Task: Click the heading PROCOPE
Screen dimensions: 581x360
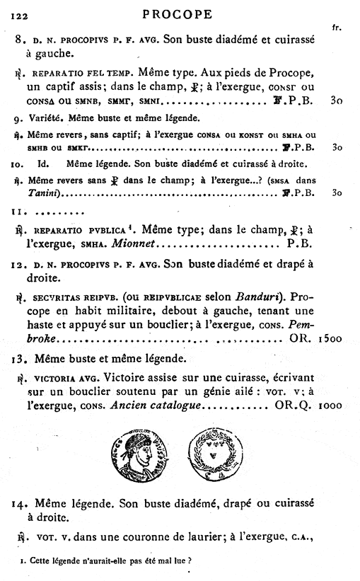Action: click(180, 13)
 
